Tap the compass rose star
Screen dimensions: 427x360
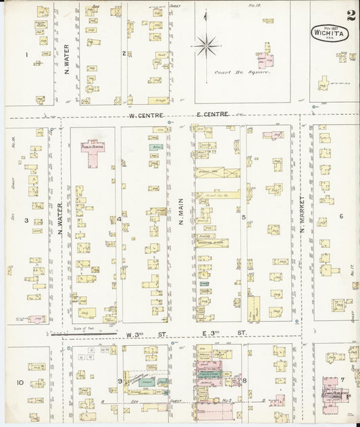(206, 47)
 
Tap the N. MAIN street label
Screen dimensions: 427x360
(181, 211)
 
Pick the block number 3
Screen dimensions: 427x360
(26, 220)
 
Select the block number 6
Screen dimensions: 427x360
(342, 216)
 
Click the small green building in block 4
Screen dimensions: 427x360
(156, 147)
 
